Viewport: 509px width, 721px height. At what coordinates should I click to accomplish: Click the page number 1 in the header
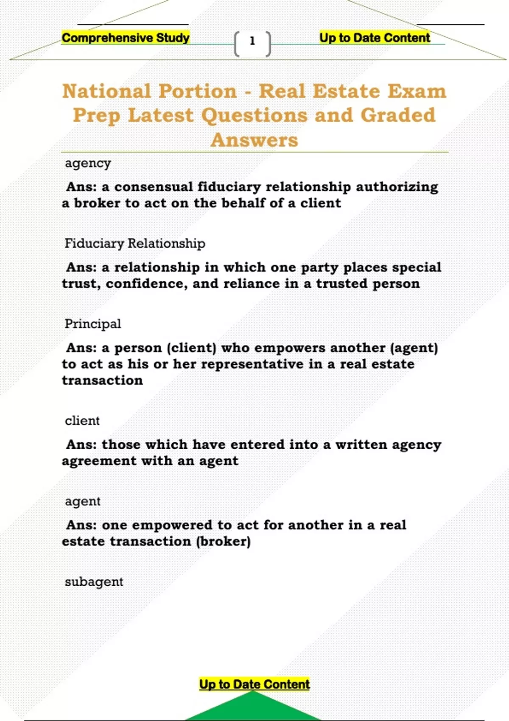pos(252,41)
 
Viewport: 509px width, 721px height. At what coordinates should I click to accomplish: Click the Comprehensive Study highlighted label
pos(126,38)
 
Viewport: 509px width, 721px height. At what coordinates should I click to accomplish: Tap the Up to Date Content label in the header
pos(375,38)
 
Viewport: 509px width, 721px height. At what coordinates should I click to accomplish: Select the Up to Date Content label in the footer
pos(255,684)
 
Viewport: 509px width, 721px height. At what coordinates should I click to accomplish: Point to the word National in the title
pos(106,91)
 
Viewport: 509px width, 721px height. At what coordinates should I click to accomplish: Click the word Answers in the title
pos(255,140)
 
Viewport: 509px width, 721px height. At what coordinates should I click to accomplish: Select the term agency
pos(88,163)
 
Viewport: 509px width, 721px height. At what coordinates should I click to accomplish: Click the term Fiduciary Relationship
pos(135,243)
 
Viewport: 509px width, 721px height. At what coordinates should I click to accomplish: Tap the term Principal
pos(92,324)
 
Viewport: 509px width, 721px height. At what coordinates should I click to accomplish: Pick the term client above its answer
pos(82,421)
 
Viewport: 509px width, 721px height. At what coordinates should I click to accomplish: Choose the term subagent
pos(94,582)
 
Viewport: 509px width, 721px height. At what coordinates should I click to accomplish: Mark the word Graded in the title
pos(398,115)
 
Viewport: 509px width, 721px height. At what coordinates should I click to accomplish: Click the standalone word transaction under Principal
pos(102,380)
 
